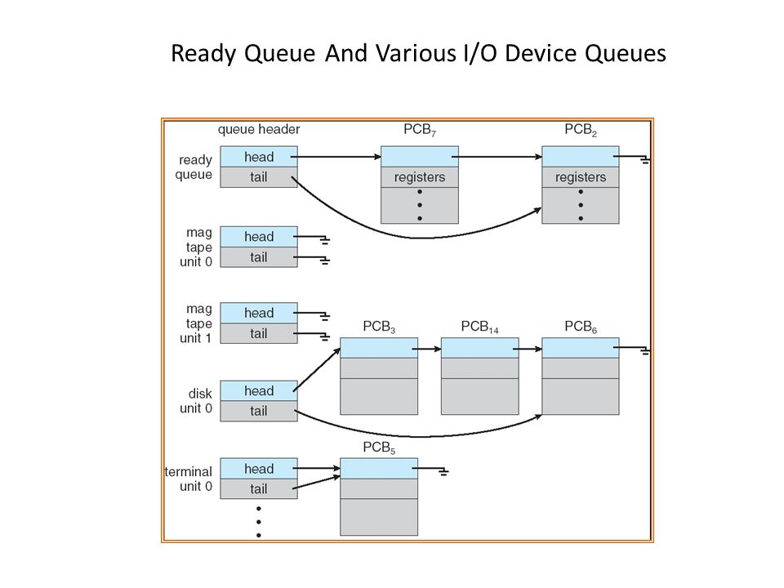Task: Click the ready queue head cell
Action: [x=259, y=157]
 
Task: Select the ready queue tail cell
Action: [x=259, y=177]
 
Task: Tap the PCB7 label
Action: [x=420, y=130]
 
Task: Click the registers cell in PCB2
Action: [x=581, y=177]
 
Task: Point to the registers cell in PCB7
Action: [x=420, y=177]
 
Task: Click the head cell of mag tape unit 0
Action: [x=259, y=237]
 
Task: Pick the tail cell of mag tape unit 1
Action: [x=259, y=333]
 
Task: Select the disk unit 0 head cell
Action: [x=259, y=390]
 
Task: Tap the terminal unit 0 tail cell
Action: [x=259, y=488]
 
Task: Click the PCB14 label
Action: [x=479, y=327]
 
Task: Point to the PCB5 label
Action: [x=379, y=448]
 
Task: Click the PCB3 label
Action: [x=379, y=327]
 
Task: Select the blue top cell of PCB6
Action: [x=581, y=348]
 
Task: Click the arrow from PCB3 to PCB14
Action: [x=426, y=349]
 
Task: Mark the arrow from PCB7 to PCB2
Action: [x=497, y=157]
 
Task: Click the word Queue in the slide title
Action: [x=279, y=54]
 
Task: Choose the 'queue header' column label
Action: [x=259, y=130]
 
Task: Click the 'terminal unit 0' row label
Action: [x=189, y=479]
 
